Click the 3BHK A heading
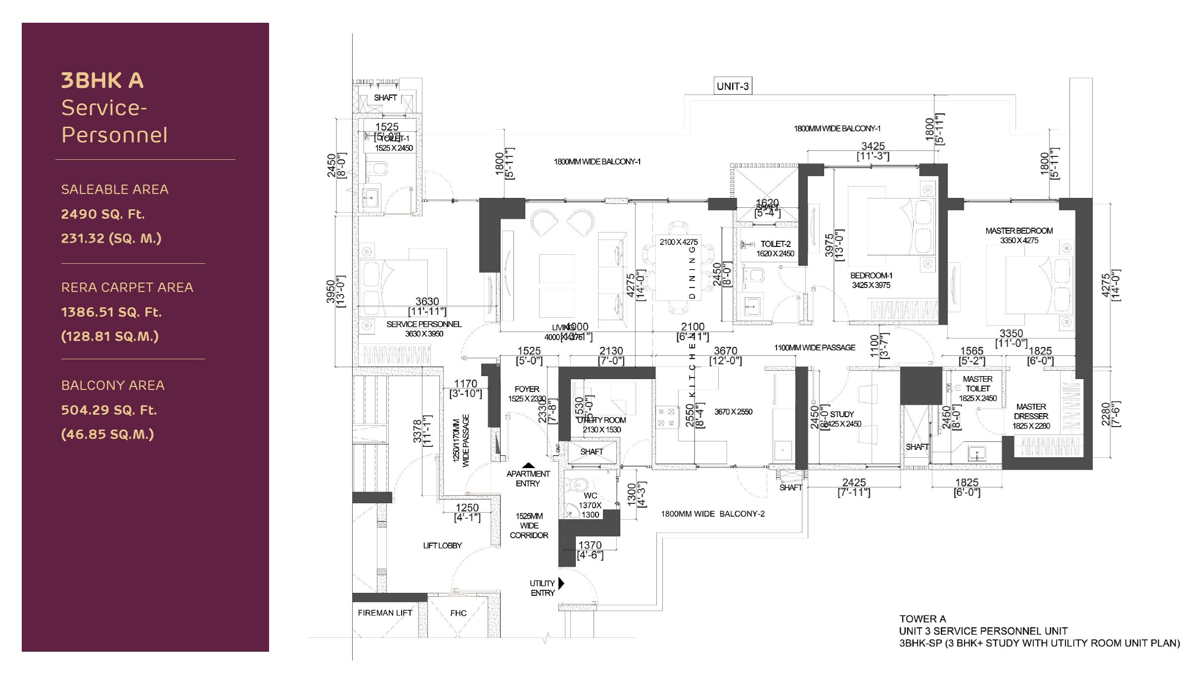coord(102,81)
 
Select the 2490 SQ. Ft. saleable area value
coord(103,214)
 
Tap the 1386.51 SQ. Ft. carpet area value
coord(111,312)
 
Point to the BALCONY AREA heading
coord(113,385)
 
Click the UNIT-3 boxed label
coord(733,86)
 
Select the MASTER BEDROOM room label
coord(1019,231)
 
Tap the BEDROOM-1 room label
coord(871,276)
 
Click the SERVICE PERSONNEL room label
coord(424,325)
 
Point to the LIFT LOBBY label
coord(442,545)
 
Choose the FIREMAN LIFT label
coord(385,613)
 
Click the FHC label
coord(458,613)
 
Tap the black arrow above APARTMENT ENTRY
coord(528,465)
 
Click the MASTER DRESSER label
coord(1031,411)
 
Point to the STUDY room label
coord(842,414)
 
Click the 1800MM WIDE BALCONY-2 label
coord(712,514)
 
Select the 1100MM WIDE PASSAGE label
coord(814,347)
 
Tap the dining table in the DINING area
coord(679,267)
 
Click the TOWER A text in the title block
coord(922,619)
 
